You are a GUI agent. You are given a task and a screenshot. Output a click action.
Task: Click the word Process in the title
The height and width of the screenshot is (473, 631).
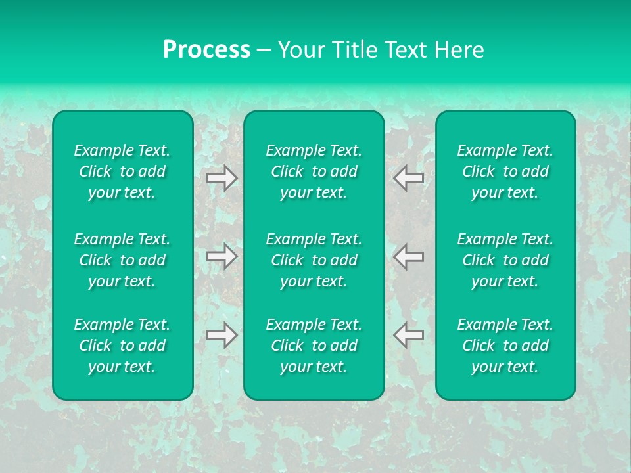click(x=206, y=50)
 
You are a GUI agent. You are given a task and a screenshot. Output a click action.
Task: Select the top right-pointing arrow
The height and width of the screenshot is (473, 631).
click(x=222, y=178)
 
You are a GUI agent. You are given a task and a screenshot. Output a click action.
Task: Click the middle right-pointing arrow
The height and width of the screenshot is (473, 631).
click(x=222, y=256)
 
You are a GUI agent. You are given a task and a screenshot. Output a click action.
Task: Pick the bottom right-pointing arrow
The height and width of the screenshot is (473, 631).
click(x=222, y=335)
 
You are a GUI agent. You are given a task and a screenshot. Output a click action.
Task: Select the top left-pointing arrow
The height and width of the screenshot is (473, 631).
click(x=408, y=178)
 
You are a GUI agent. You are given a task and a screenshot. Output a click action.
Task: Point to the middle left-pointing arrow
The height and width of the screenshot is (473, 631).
click(x=408, y=256)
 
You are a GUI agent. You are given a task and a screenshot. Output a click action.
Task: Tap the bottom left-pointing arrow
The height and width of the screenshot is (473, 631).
click(x=408, y=335)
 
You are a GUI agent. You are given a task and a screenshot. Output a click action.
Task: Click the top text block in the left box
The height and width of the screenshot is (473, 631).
click(x=122, y=171)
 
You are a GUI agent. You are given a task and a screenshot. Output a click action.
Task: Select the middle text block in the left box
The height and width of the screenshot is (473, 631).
click(x=122, y=260)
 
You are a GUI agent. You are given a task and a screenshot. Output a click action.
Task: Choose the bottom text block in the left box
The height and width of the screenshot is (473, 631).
click(x=122, y=346)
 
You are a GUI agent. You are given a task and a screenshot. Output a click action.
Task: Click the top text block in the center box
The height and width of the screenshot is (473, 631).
click(x=314, y=171)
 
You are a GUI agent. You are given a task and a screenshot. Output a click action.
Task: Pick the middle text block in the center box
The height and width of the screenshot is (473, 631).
click(x=314, y=260)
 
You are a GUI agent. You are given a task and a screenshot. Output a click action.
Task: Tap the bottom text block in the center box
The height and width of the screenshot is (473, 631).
click(x=314, y=346)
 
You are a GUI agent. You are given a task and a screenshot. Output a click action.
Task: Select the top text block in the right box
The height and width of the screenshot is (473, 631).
click(x=505, y=171)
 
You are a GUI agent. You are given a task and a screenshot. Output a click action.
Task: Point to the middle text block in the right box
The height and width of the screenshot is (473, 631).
click(x=505, y=260)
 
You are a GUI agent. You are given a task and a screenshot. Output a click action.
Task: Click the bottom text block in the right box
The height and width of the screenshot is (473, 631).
click(x=505, y=346)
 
